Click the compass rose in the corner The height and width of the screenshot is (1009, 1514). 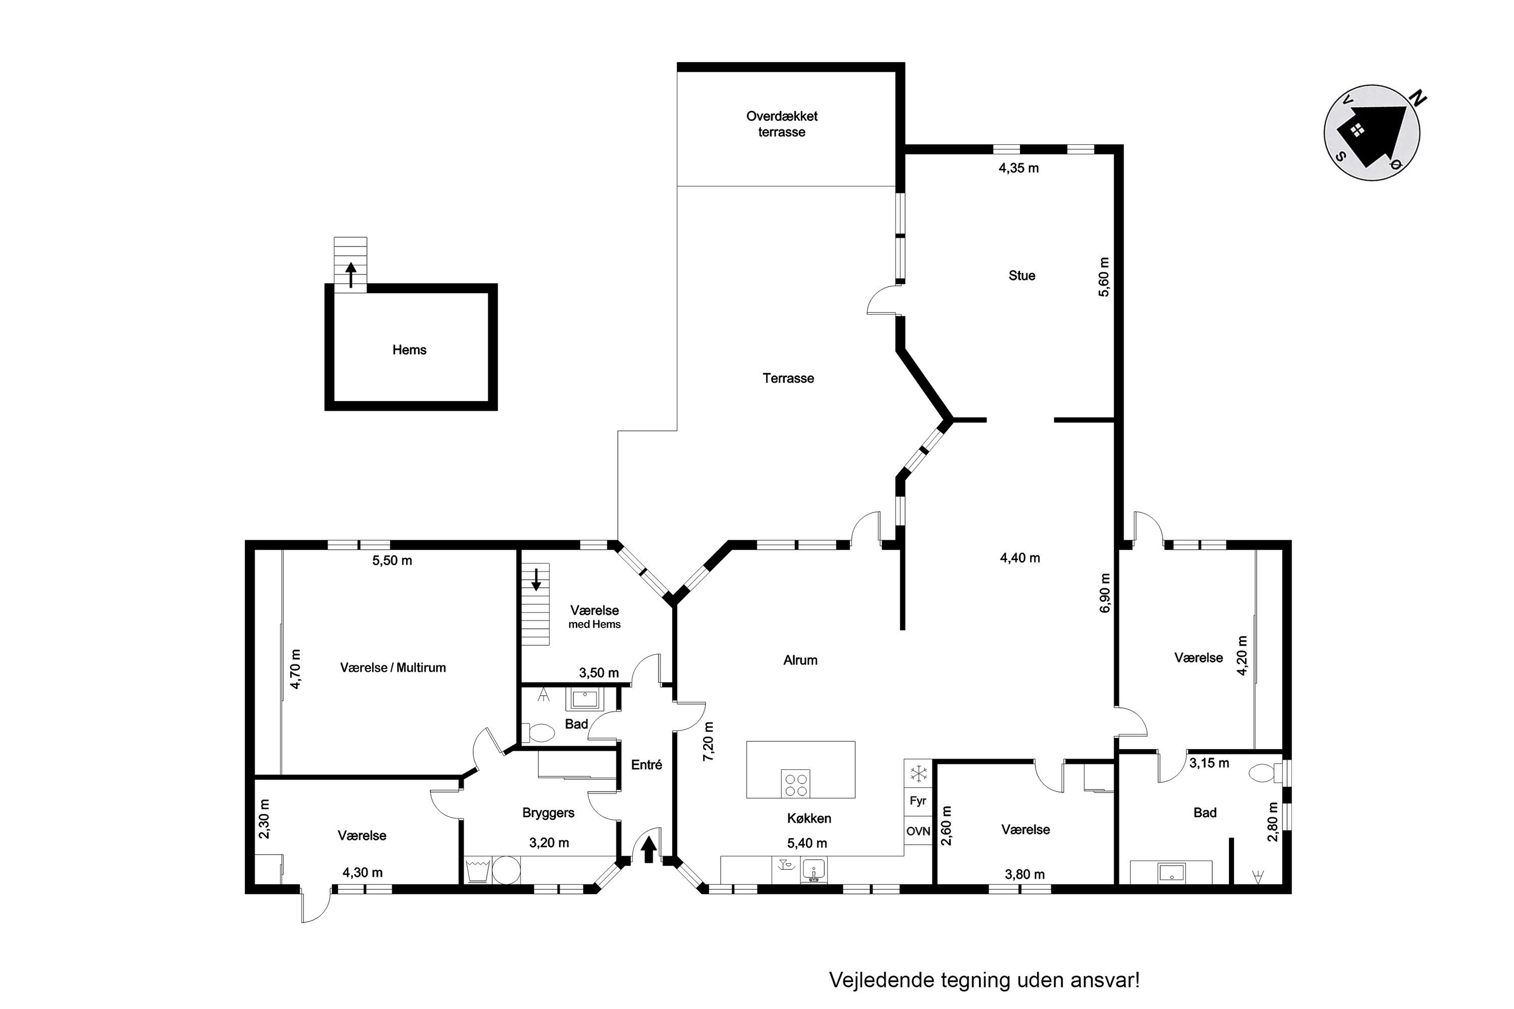point(1372,133)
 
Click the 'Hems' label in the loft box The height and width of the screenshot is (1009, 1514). point(409,350)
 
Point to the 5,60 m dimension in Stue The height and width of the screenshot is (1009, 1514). point(1104,276)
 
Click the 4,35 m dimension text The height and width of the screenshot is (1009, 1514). point(1018,169)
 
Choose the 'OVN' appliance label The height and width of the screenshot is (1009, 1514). point(918,831)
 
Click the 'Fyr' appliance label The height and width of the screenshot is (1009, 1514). point(918,801)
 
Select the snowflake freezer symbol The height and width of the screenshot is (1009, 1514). point(918,773)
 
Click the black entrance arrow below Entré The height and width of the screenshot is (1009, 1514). point(649,849)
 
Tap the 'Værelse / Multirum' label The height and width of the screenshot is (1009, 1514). point(393,668)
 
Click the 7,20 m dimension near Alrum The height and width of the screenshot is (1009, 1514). point(709,741)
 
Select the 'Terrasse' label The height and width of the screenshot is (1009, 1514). point(788,378)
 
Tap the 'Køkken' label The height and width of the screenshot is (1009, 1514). point(809,818)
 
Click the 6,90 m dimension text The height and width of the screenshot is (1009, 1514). point(1105,593)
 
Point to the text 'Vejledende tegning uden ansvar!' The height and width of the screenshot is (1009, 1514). point(984,980)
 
